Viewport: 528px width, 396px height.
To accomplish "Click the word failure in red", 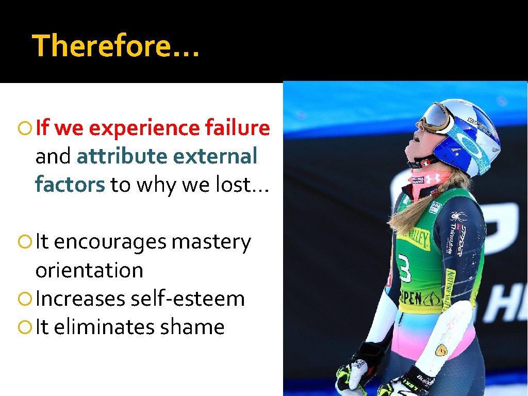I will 237,128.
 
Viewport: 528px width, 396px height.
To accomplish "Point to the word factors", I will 70,185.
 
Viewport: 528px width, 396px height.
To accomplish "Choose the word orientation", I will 89,270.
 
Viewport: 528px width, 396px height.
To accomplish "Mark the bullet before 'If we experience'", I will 23,128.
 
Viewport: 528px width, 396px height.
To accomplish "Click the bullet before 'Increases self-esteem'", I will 23,299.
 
